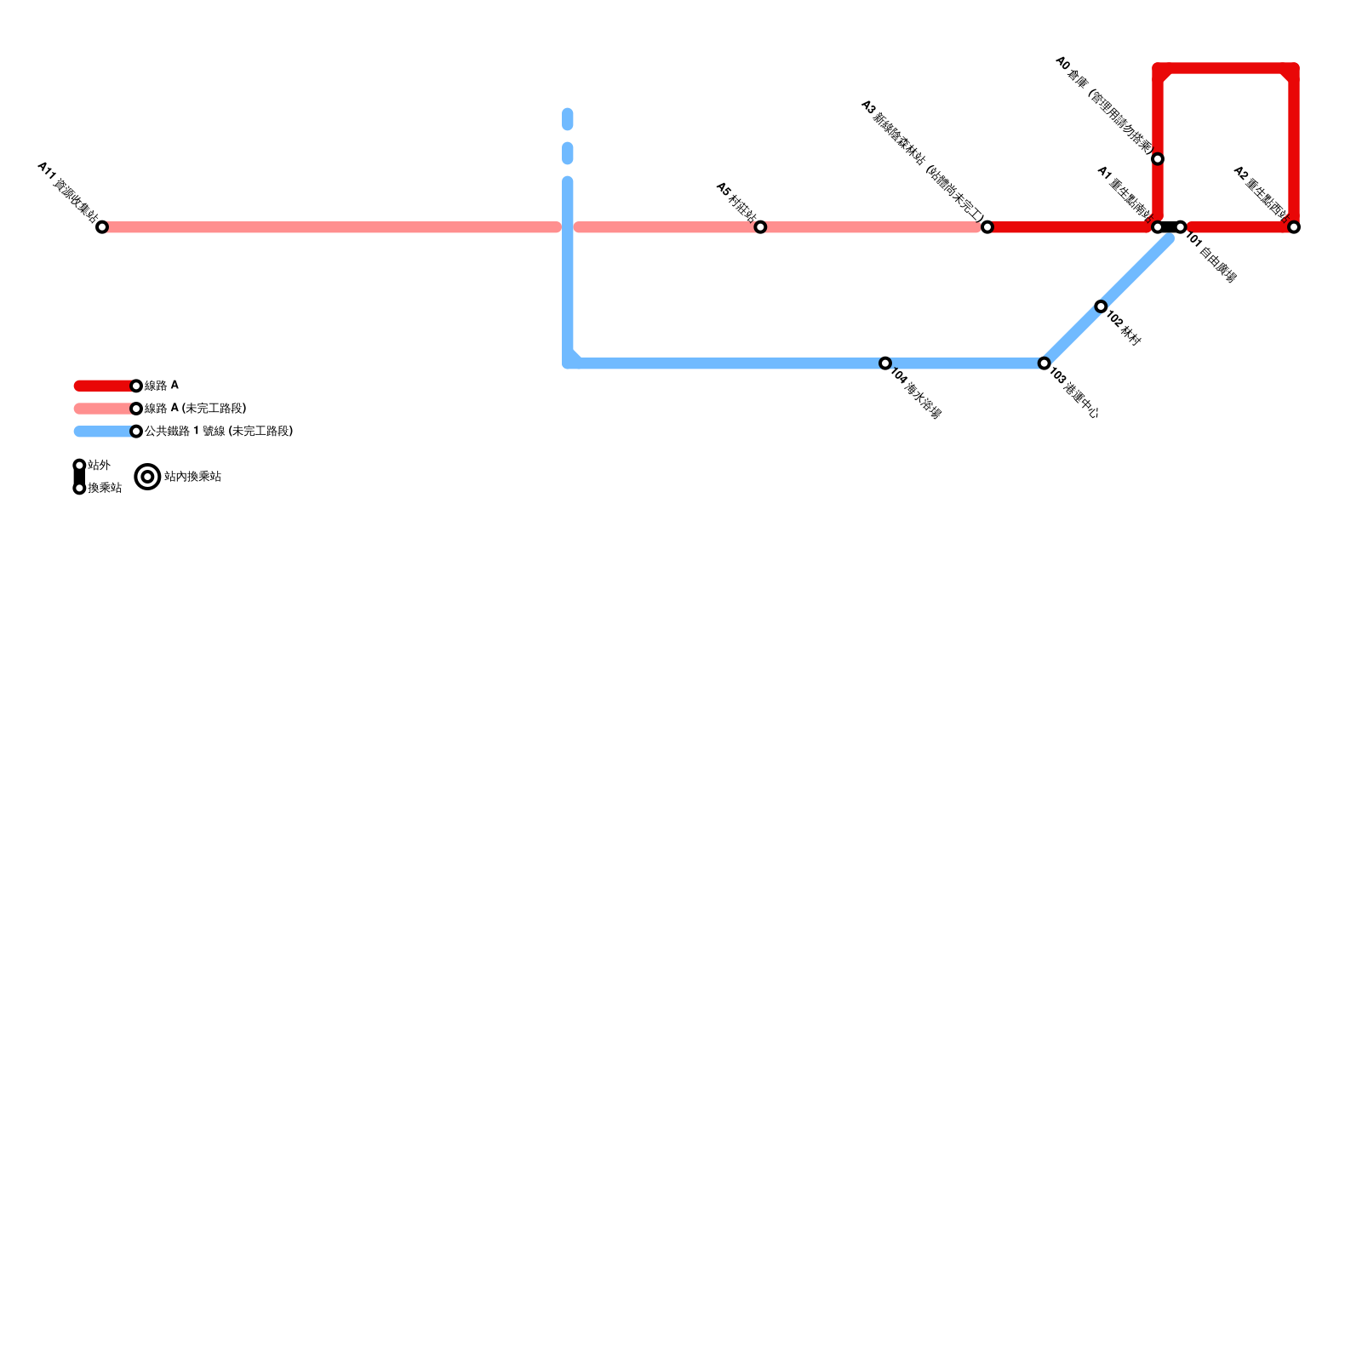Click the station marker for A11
102,227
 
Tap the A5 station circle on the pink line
760,227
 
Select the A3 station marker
987,227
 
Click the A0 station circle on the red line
1158,159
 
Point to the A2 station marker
1294,227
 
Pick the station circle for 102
1101,306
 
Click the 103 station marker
1044,363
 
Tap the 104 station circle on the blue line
885,363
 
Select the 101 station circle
1181,227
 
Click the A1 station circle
1157,227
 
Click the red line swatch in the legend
104,386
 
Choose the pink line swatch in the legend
104,409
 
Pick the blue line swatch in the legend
104,432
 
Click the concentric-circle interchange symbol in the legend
148,477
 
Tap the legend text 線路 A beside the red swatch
162,386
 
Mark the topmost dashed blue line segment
568,119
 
